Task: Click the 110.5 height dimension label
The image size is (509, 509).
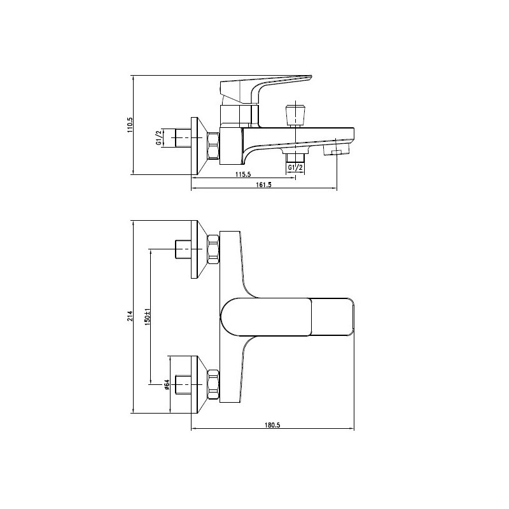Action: pyautogui.click(x=130, y=125)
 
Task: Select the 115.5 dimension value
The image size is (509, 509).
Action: pyautogui.click(x=243, y=174)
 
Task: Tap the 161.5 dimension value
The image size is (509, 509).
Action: pyautogui.click(x=263, y=185)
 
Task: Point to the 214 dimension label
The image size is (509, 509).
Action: pyautogui.click(x=130, y=316)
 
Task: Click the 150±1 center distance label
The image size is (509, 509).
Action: pyautogui.click(x=148, y=316)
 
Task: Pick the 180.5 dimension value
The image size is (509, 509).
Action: pyautogui.click(x=272, y=425)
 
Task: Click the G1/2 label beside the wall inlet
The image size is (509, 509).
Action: pyautogui.click(x=159, y=137)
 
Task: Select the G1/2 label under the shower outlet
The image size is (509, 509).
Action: pyautogui.click(x=295, y=167)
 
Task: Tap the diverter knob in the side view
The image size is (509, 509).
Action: pyautogui.click(x=295, y=114)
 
